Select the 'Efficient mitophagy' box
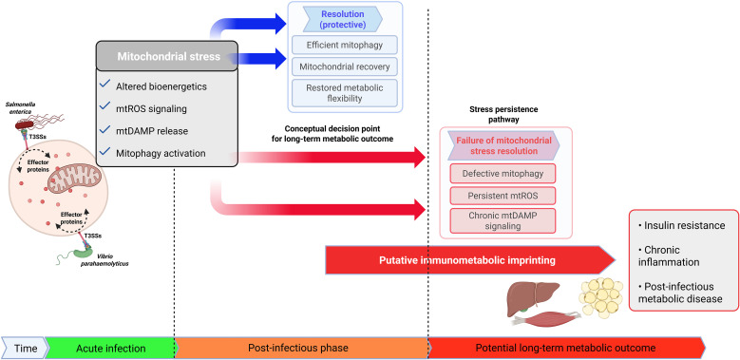pos(345,45)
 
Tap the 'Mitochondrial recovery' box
pos(345,66)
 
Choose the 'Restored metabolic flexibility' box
pos(345,93)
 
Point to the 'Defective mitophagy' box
pos(503,174)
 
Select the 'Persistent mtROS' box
pos(503,196)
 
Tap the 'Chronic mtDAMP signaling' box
pos(503,220)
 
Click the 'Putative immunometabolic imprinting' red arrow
pos(470,260)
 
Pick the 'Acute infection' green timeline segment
pos(111,349)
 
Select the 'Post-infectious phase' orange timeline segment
pos(300,349)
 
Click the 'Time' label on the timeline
pos(26,349)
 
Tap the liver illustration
pos(532,296)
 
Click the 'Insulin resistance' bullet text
pos(681,225)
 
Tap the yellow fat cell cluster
pos(600,295)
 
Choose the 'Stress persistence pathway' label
pos(503,115)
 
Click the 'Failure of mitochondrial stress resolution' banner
pos(503,145)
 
